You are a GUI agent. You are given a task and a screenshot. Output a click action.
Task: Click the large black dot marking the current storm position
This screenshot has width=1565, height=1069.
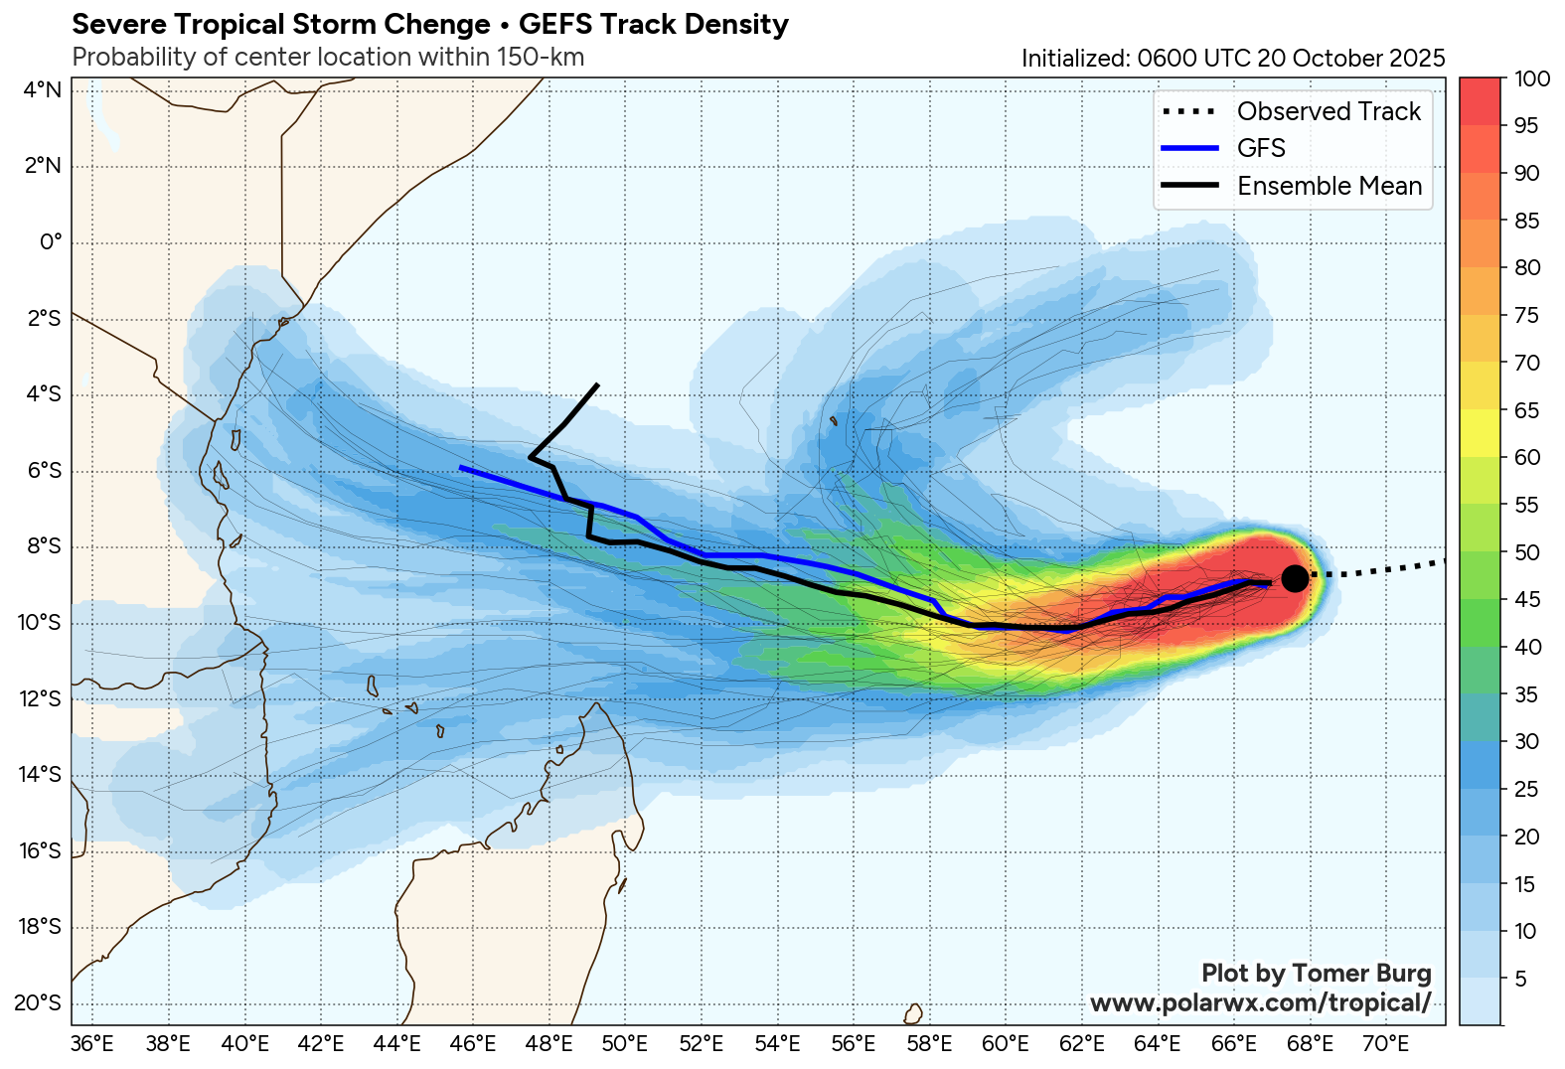pos(1294,578)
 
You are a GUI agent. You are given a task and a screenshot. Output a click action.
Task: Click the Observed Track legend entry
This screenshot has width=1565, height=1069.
pos(1329,111)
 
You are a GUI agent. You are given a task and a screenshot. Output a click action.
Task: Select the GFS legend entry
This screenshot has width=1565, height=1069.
pos(1261,148)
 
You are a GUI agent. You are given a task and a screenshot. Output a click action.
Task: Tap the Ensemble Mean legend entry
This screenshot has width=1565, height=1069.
pos(1329,186)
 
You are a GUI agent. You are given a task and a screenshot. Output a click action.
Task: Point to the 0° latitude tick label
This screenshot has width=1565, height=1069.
pos(51,241)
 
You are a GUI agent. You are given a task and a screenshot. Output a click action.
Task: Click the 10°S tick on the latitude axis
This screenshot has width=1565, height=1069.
pos(41,622)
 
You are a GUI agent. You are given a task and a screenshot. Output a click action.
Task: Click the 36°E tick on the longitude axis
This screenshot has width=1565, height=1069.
pos(92,1043)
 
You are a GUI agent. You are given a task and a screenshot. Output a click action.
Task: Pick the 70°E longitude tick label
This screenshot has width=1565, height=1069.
pos(1385,1043)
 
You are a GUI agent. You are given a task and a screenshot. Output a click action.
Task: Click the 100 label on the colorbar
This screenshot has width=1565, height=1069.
pos(1531,78)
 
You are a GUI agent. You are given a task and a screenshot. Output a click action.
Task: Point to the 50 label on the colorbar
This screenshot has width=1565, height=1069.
pos(1526,552)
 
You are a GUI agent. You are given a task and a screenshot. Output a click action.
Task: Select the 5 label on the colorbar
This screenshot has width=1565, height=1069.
pos(1520,979)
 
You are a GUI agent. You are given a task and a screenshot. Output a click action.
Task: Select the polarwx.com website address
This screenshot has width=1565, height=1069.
pos(1260,1002)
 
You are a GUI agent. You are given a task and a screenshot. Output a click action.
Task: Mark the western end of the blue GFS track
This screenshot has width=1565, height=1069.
pos(461,467)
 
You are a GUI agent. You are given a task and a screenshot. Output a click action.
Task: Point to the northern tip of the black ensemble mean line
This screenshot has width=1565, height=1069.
pos(596,384)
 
